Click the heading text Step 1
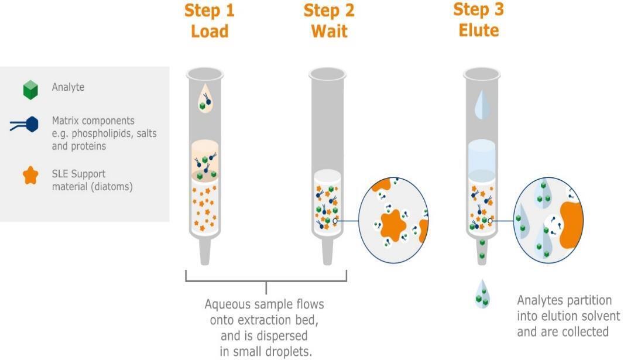point(209,11)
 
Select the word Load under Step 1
point(209,30)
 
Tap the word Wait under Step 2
point(329,30)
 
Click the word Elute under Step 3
point(478,29)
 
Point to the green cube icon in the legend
point(30,90)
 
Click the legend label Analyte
point(68,87)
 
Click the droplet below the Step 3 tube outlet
point(482,294)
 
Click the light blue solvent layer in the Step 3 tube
point(482,155)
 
